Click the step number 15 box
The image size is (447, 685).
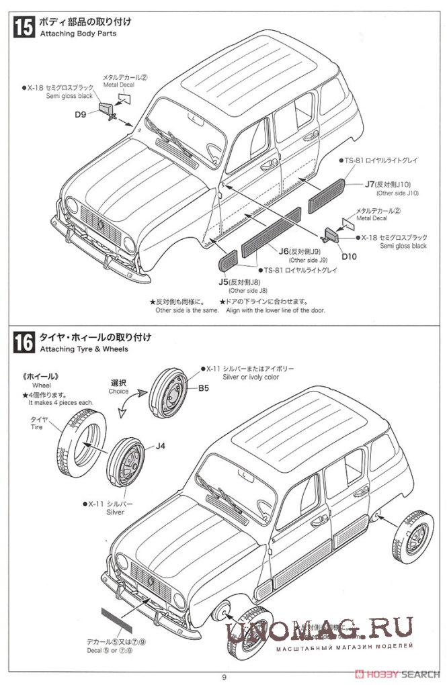click(x=24, y=27)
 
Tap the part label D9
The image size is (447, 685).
click(x=81, y=114)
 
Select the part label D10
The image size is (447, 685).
click(x=349, y=255)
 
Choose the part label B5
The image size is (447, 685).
click(x=203, y=387)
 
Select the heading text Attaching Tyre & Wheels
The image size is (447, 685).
click(x=84, y=349)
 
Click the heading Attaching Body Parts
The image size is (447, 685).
click(x=78, y=34)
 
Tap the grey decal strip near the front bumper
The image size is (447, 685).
click(x=112, y=619)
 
